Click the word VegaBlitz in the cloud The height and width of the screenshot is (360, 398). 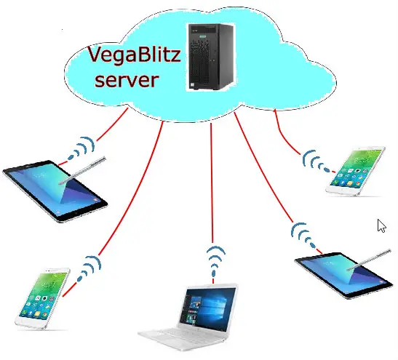(134, 55)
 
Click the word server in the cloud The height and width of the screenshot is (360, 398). (127, 80)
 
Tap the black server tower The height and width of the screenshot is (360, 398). (211, 57)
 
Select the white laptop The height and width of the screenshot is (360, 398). (188, 317)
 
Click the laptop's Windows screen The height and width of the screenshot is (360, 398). (207, 308)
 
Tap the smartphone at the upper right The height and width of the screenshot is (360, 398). (355, 171)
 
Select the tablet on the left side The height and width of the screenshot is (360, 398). (55, 191)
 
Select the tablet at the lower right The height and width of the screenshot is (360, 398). (344, 275)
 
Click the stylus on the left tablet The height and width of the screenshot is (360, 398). (82, 170)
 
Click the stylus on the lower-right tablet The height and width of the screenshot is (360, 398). (369, 260)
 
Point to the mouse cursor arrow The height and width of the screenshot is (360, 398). (381, 226)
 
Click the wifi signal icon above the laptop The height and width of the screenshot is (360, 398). (215, 261)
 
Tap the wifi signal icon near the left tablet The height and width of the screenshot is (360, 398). (81, 149)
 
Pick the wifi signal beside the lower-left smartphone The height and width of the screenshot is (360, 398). (89, 269)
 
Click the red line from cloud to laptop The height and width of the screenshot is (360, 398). (212, 183)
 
